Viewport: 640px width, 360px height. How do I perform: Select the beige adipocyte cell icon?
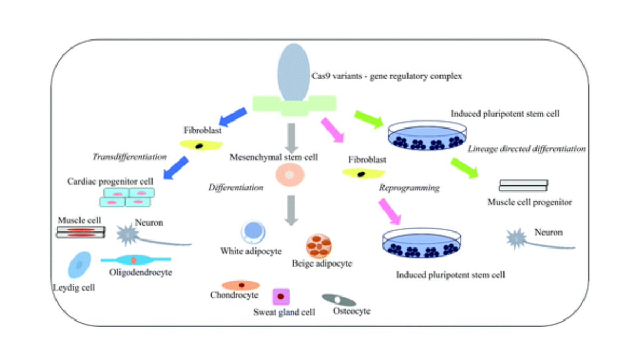coord(319,245)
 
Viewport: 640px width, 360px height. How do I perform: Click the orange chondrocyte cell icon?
coord(241,285)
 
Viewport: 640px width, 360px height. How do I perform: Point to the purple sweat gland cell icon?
coord(281,296)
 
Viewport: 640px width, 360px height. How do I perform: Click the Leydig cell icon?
coord(78,265)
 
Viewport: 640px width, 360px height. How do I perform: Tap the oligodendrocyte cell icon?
coord(134,260)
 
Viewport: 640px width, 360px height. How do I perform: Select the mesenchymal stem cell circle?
coord(290,175)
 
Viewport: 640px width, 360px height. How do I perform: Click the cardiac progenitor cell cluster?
coord(126,198)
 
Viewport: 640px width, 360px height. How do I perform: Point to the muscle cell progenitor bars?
coord(523,186)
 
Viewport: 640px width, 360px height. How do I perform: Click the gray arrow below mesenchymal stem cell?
coord(290,210)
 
